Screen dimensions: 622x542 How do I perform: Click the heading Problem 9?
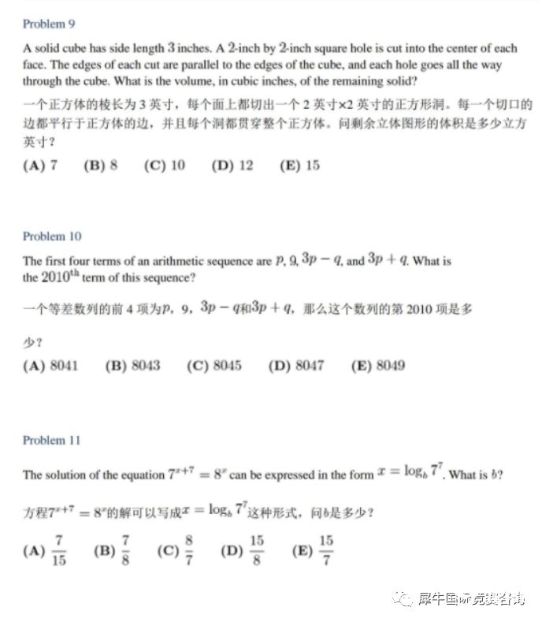tap(49, 24)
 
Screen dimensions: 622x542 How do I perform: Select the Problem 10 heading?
tap(52, 237)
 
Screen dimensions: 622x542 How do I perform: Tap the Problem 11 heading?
tap(52, 440)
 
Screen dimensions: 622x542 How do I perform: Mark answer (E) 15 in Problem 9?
tap(299, 166)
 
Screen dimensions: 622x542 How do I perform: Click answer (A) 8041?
tap(51, 365)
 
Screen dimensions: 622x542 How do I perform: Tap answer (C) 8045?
tap(214, 365)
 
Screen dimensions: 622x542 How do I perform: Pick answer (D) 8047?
tap(295, 365)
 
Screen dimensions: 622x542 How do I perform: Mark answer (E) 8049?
tap(377, 365)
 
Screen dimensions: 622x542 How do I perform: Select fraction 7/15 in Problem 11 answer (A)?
tap(60, 550)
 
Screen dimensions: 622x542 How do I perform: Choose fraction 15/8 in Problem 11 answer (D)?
tap(256, 550)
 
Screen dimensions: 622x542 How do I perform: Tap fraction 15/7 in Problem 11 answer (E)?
tap(326, 550)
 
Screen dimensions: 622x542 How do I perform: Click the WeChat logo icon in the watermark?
tap(404, 598)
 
